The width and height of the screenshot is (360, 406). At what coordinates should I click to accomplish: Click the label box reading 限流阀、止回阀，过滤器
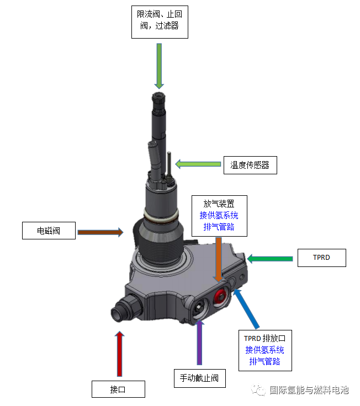(160, 20)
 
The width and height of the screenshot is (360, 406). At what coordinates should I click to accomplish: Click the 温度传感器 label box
(250, 164)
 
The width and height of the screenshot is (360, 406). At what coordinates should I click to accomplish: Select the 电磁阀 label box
(49, 231)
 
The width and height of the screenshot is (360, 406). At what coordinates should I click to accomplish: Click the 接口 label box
(118, 389)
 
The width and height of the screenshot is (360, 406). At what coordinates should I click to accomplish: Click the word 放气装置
(219, 204)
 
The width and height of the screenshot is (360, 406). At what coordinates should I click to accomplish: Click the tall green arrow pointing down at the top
(160, 65)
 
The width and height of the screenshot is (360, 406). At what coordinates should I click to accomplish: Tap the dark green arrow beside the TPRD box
(270, 258)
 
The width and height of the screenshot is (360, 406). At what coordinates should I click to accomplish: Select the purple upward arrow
(199, 344)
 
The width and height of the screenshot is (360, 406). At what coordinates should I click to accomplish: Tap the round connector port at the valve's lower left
(120, 313)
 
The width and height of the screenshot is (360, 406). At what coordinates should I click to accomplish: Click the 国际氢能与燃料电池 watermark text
(309, 390)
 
